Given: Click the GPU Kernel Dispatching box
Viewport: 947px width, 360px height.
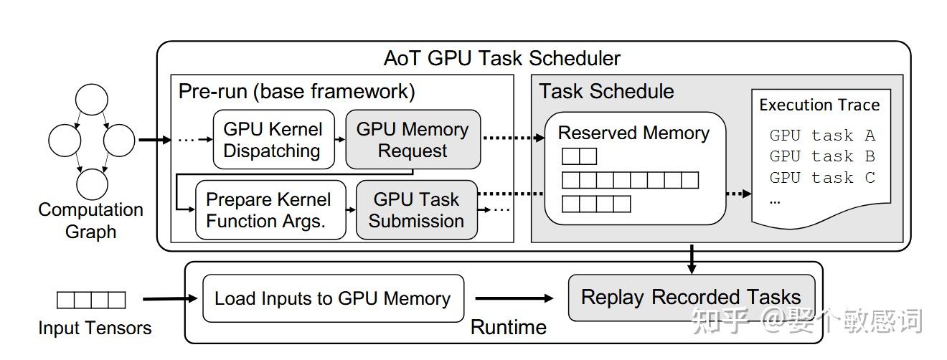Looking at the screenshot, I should point(273,140).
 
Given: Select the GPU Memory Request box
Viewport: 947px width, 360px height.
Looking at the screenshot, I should point(413,140).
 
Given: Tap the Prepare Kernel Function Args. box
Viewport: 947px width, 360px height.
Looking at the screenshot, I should point(270,210).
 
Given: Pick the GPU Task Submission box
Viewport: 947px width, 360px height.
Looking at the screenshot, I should point(417,210).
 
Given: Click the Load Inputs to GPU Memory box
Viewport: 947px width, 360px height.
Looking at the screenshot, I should point(333,298).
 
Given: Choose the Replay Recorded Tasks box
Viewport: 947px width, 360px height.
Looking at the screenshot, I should point(691,298).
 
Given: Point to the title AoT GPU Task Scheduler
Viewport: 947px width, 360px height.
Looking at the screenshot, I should point(502,57).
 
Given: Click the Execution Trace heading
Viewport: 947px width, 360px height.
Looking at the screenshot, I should point(819,105).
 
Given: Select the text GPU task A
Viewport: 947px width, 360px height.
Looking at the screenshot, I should point(822,136).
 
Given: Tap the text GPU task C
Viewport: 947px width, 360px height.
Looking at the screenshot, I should point(822,178).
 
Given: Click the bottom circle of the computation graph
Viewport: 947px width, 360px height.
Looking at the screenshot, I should point(92,184).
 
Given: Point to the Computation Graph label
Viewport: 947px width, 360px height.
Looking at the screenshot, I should point(91,220).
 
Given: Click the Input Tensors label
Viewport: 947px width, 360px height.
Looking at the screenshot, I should point(95,328).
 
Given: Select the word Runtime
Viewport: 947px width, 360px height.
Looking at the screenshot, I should point(508,327).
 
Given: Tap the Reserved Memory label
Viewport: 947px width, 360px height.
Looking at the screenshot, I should point(633,133).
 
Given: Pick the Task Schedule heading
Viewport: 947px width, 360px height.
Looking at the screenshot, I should point(606,92).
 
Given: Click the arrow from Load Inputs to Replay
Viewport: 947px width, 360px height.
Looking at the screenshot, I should point(514,298).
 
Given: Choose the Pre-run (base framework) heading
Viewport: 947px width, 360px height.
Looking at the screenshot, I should point(296,92).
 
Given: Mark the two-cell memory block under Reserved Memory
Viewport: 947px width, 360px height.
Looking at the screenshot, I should point(579,156).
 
